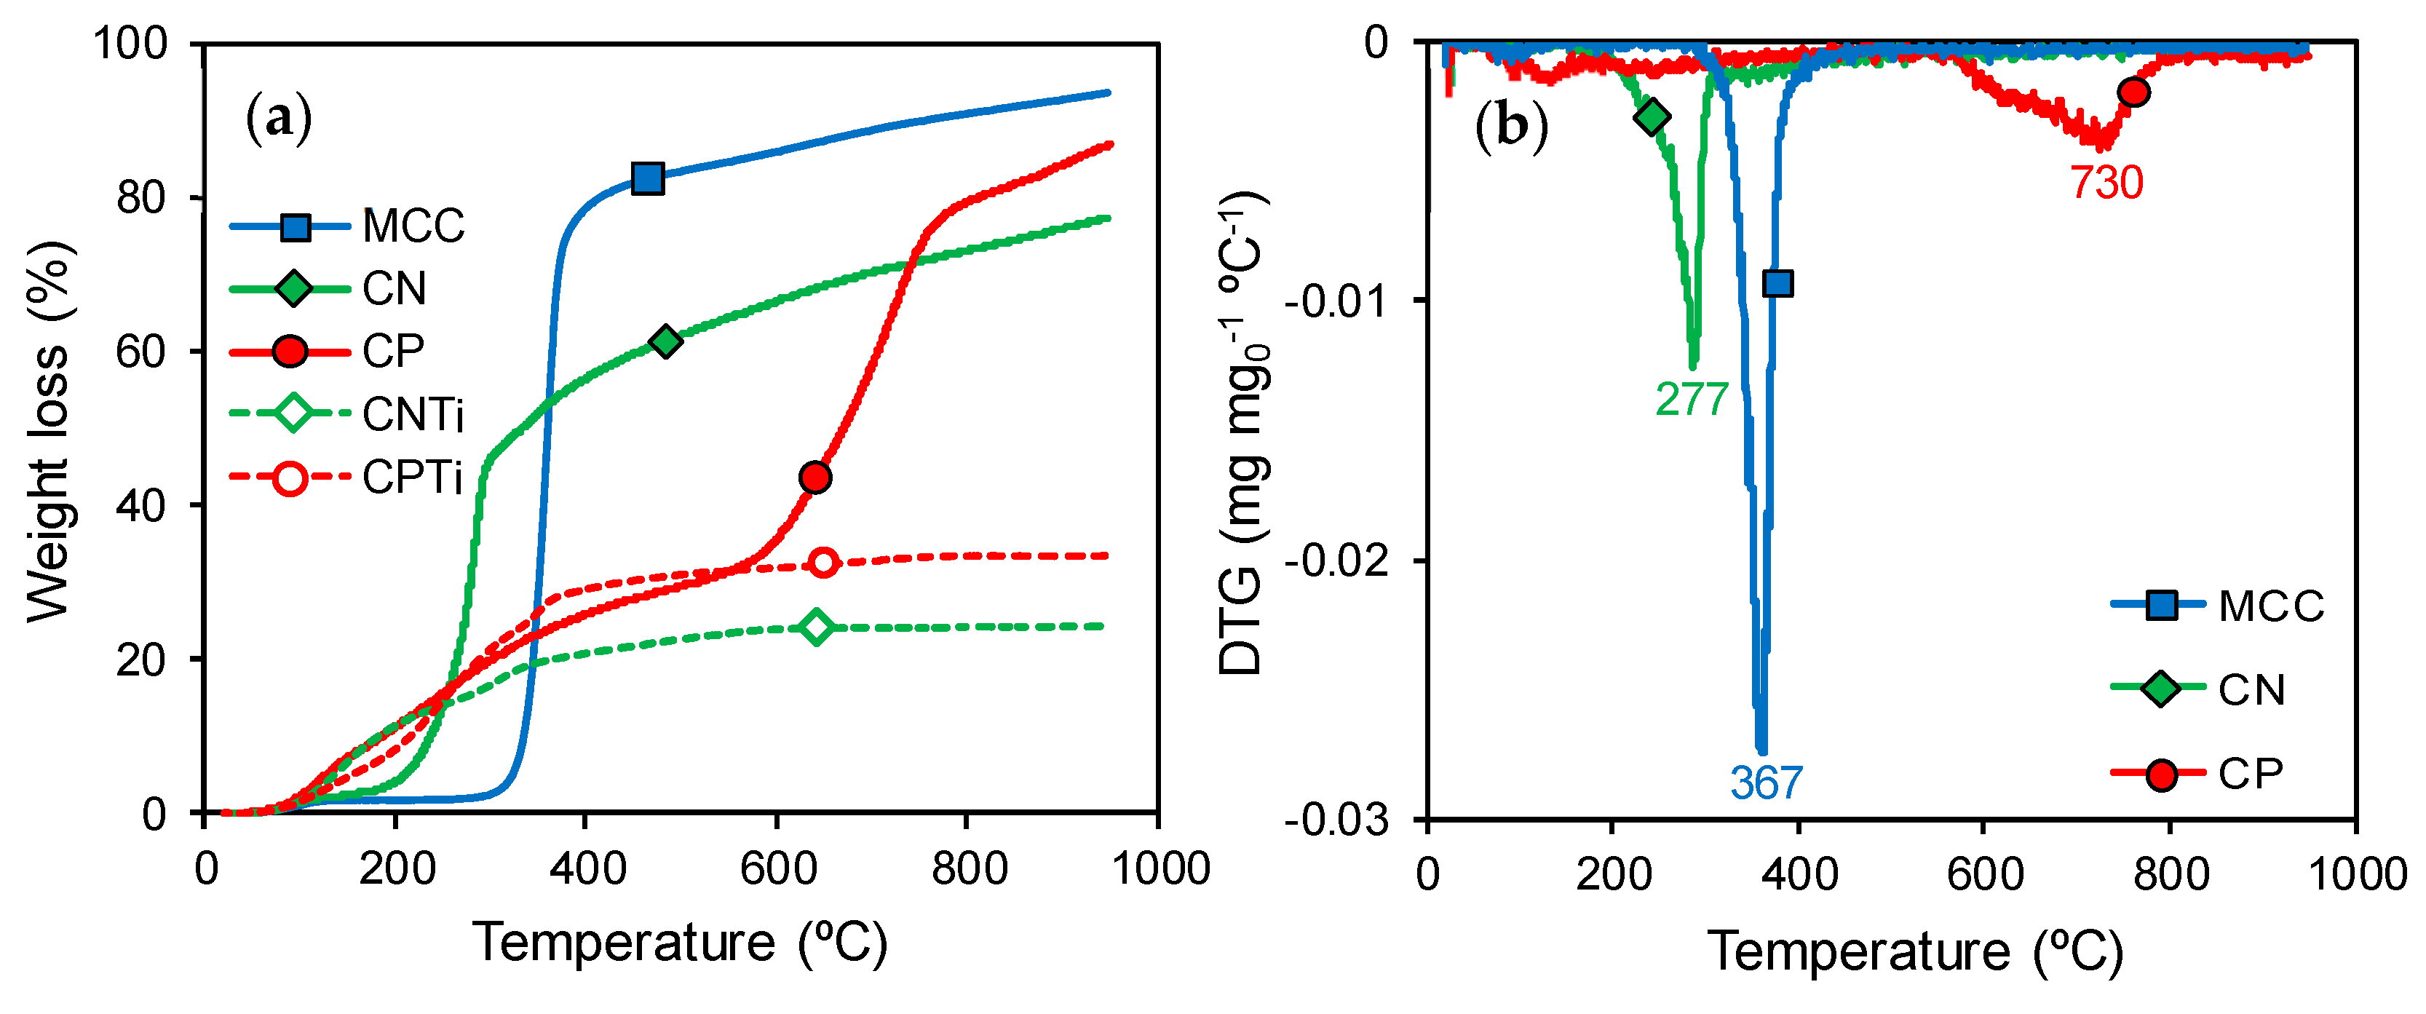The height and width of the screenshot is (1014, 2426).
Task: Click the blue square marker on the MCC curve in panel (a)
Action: pyautogui.click(x=647, y=178)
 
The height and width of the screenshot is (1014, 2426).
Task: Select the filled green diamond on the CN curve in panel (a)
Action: pyautogui.click(x=666, y=341)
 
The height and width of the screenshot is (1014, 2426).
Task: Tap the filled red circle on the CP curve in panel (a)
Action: pyautogui.click(x=814, y=478)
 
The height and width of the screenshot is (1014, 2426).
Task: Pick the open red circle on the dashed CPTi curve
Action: pyautogui.click(x=823, y=562)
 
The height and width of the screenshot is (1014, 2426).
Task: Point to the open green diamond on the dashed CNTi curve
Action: pyautogui.click(x=817, y=626)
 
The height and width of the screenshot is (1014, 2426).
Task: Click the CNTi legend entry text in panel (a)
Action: pyautogui.click(x=413, y=414)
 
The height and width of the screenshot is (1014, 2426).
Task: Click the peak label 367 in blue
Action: pyautogui.click(x=1766, y=783)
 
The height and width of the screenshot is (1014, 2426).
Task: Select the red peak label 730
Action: pyautogui.click(x=2106, y=183)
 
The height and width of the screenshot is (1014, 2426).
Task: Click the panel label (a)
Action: pyautogui.click(x=278, y=119)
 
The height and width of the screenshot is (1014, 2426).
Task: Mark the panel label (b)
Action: pyautogui.click(x=1510, y=125)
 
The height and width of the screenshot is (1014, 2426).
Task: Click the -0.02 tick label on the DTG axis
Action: pyautogui.click(x=1336, y=561)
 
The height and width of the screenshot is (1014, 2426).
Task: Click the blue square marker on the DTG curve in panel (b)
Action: pyautogui.click(x=1777, y=283)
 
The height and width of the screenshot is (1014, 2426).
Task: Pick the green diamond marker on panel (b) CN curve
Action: pyautogui.click(x=1652, y=116)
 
